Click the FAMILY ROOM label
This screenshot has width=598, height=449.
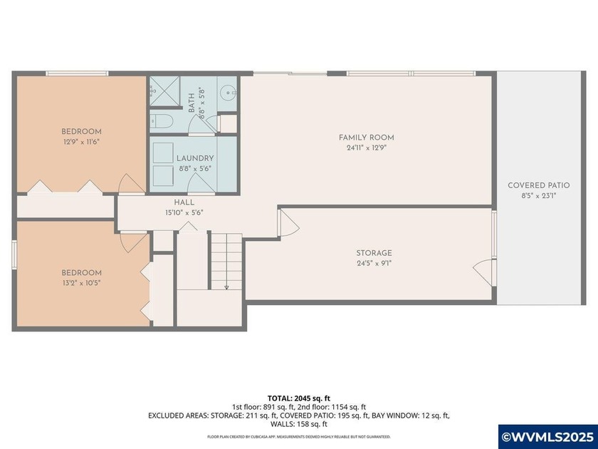(x=366, y=138)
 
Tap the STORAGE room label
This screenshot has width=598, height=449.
(x=374, y=253)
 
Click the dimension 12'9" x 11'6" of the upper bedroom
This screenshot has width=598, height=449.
(x=81, y=142)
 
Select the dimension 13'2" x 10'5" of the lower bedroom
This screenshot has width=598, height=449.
(x=81, y=283)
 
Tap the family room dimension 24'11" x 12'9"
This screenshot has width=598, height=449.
(x=366, y=148)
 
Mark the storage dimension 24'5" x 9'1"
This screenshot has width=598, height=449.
(x=374, y=263)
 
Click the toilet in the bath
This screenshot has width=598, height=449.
(x=161, y=120)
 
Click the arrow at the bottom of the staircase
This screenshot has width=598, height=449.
(x=226, y=287)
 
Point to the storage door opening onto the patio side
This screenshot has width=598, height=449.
(x=483, y=270)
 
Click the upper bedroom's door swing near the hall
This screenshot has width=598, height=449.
(x=129, y=184)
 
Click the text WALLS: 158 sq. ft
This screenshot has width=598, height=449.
(x=298, y=424)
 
